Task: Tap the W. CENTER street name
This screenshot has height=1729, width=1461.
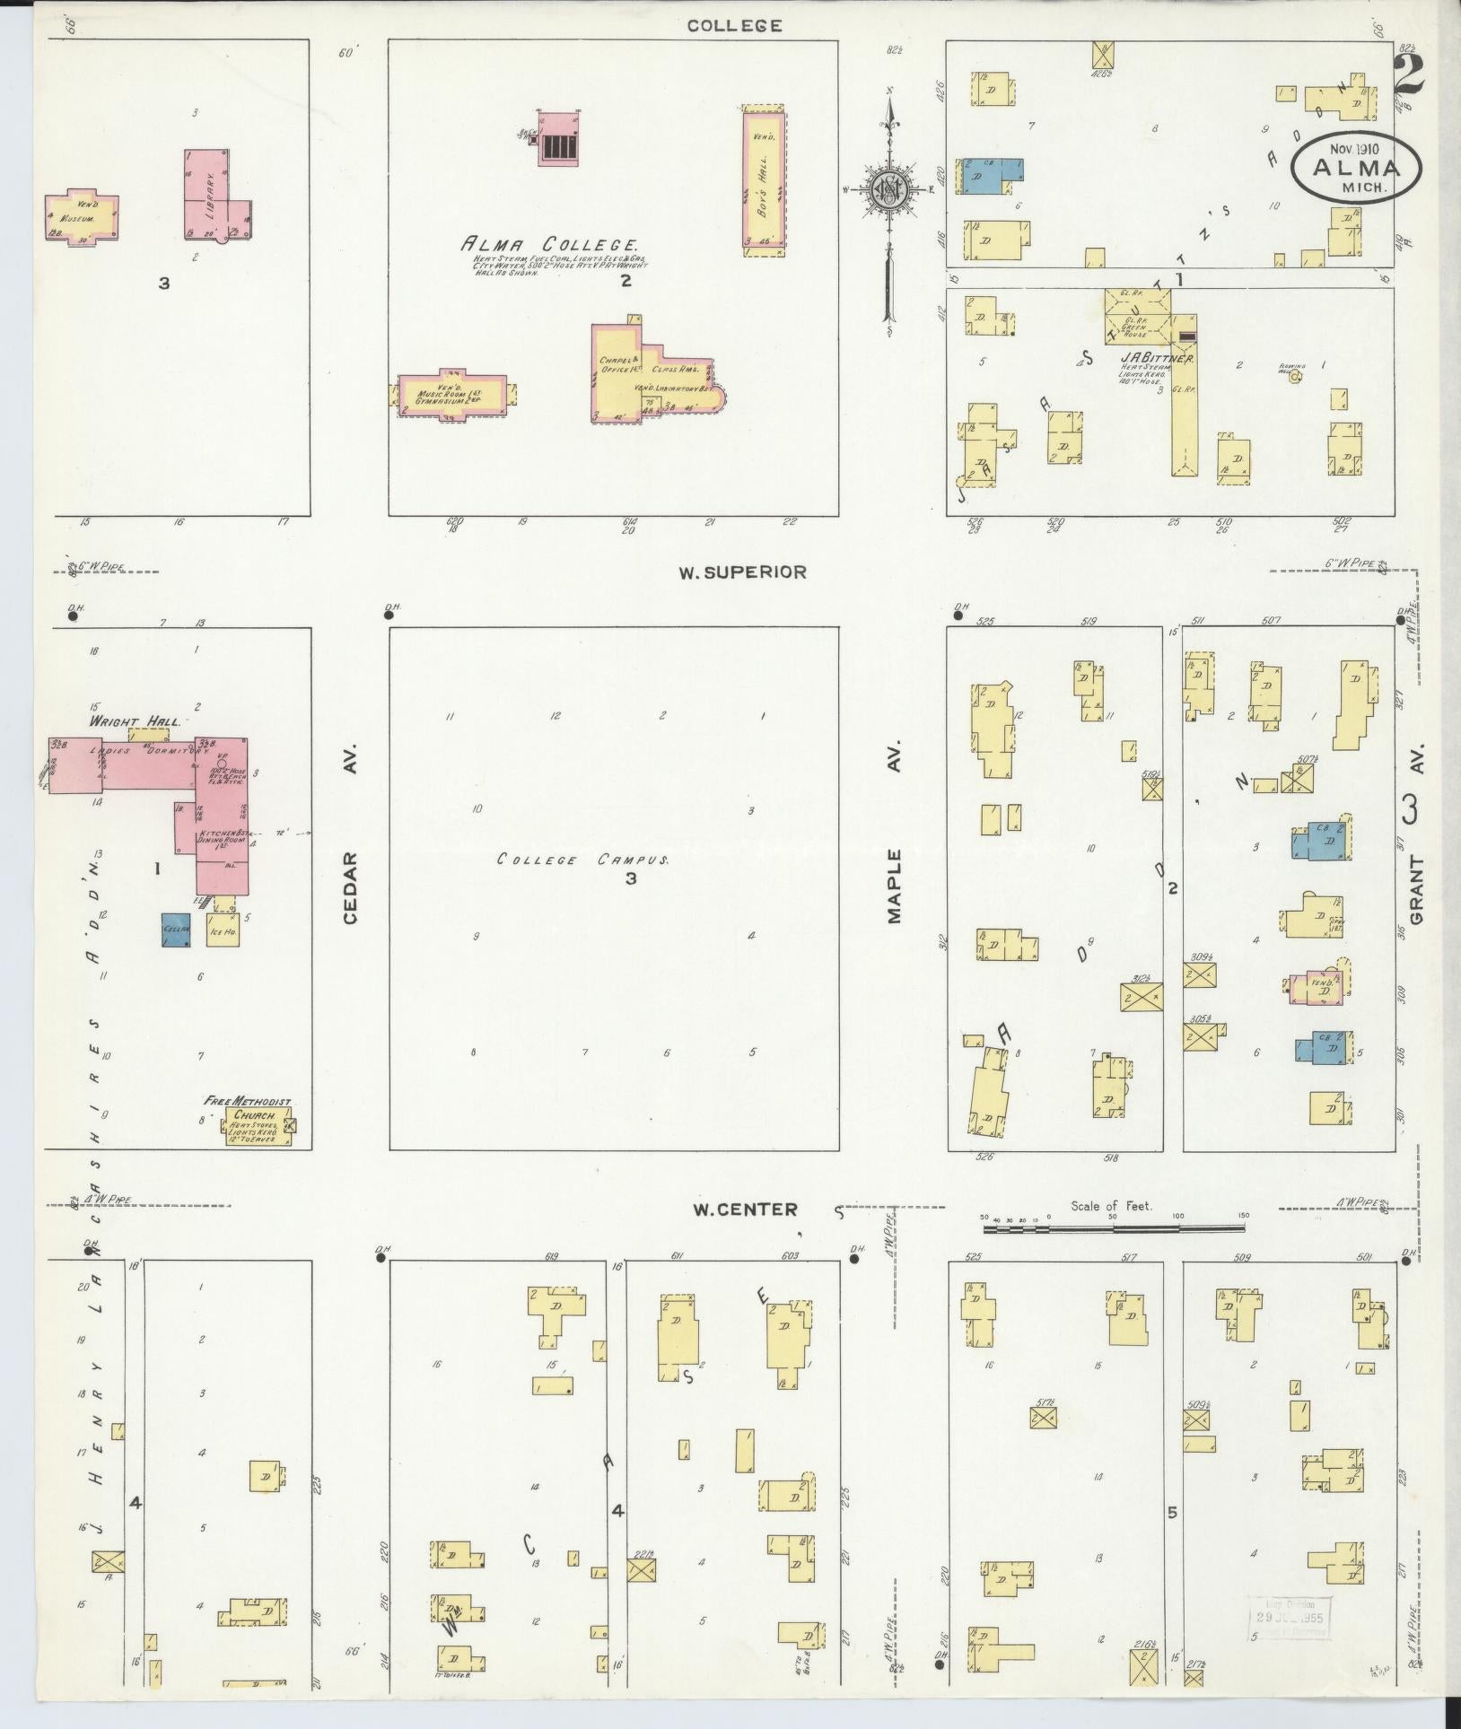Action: [744, 1209]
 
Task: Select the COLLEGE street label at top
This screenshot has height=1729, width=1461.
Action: [734, 26]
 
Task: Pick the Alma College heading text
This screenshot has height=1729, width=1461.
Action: [549, 244]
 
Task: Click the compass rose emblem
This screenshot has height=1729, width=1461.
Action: [888, 191]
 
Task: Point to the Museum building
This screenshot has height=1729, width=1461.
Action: [82, 216]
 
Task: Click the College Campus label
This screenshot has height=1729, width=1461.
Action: [583, 860]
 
